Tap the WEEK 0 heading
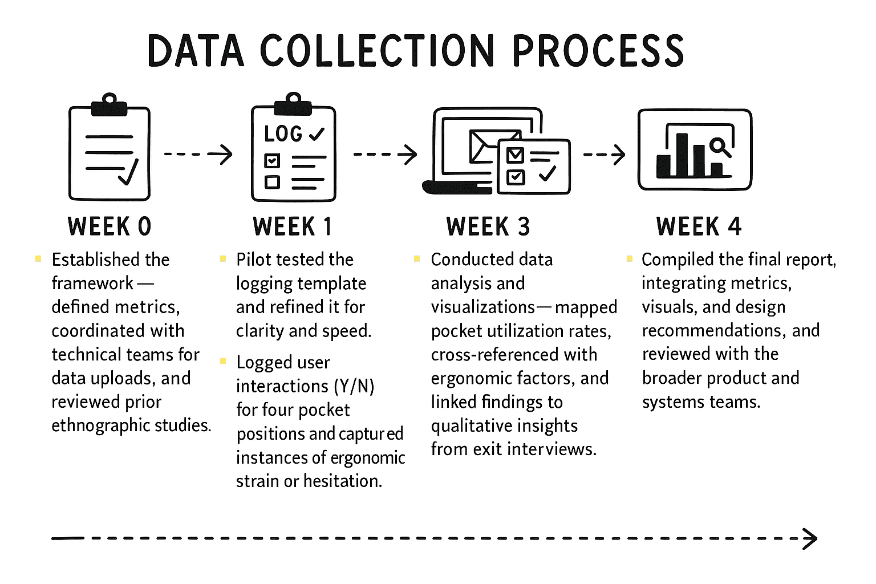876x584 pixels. [109, 226]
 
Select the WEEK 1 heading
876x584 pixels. [292, 226]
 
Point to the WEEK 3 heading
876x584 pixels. [488, 226]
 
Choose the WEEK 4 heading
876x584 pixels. [699, 226]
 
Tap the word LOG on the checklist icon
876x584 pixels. [283, 134]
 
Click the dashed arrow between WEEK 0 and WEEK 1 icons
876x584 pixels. [198, 154]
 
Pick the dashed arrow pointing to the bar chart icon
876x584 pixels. [604, 154]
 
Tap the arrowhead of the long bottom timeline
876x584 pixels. [810, 538]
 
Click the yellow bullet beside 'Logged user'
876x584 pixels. [223, 361]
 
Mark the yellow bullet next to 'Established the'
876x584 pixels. [38, 258]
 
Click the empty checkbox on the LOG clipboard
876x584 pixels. [272, 182]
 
